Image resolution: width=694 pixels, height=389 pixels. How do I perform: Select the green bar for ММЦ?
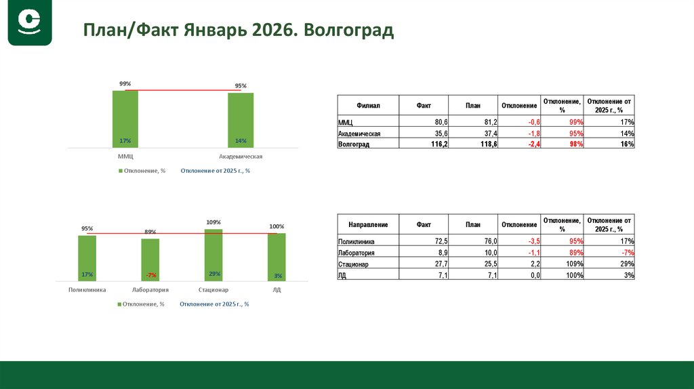[125, 119]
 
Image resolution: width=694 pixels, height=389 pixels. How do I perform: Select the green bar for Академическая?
[241, 120]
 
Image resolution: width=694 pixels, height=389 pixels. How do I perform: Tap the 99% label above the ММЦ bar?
[125, 83]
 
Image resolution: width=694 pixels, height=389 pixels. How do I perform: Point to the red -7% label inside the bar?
[150, 274]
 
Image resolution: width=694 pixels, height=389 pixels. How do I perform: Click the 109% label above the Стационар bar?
[213, 222]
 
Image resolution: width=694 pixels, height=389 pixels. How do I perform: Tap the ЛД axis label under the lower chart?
[277, 289]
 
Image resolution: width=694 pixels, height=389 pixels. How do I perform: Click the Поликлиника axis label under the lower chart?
[87, 289]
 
